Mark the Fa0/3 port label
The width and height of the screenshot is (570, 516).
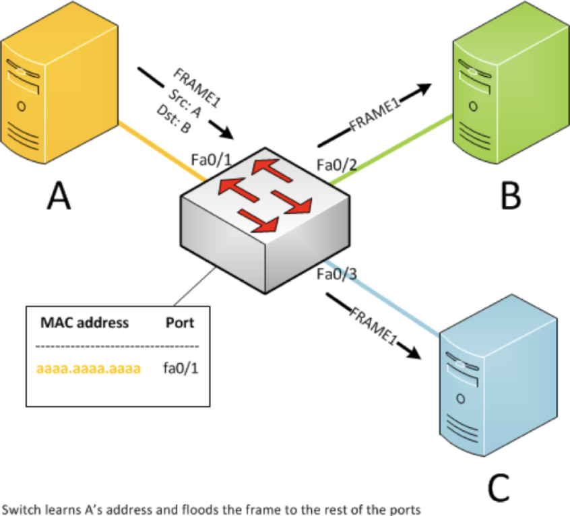point(335,274)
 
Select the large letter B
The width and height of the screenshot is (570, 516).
point(510,195)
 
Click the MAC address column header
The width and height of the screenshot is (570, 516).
point(84,323)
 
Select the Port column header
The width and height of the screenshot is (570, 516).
point(180,323)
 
